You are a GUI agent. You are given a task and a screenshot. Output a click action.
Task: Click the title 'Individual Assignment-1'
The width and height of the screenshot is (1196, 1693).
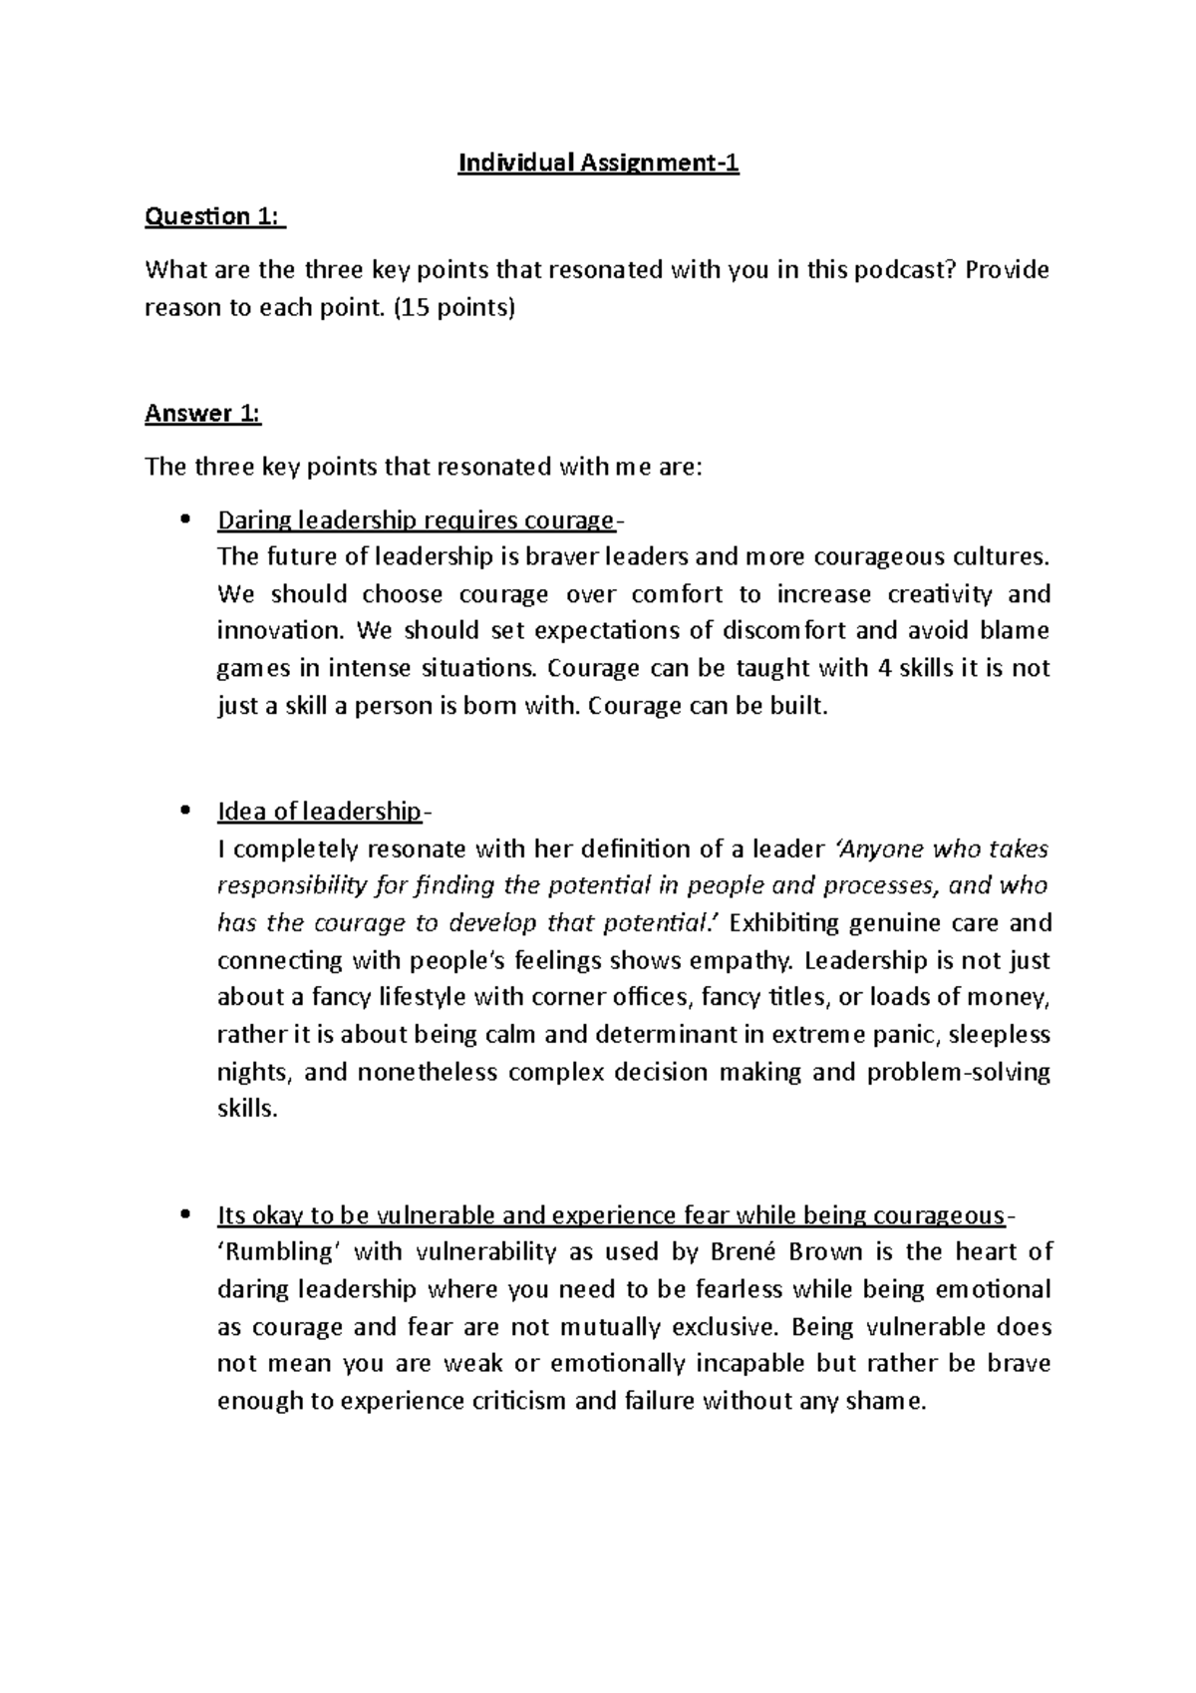(x=598, y=164)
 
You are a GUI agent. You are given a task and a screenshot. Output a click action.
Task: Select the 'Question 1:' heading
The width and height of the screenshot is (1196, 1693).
(x=214, y=216)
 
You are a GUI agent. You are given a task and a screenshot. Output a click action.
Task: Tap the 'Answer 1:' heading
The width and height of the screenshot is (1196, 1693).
(x=202, y=413)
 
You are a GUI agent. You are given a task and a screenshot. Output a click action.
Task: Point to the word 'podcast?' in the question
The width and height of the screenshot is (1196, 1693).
(x=899, y=270)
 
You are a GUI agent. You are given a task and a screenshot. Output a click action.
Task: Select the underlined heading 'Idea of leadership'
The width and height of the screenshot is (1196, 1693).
(x=319, y=811)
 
